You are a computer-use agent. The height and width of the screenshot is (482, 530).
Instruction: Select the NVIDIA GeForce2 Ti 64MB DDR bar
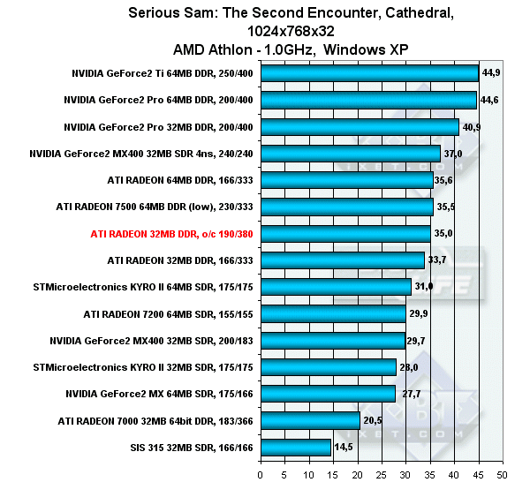point(368,74)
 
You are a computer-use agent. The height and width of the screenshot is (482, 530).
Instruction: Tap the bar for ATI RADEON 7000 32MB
point(309,421)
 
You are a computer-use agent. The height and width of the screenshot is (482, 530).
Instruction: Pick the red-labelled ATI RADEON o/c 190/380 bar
point(344,234)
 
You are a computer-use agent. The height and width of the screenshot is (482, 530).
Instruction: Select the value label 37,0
point(453,154)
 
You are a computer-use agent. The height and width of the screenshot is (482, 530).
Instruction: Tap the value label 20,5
point(374,421)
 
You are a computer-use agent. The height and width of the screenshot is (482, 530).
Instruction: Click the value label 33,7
point(438,260)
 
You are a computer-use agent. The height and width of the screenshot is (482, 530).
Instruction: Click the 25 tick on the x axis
point(382,473)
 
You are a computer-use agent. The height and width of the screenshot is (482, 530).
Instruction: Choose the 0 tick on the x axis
point(261,473)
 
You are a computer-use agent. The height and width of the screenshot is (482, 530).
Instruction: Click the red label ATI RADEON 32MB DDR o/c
point(171,234)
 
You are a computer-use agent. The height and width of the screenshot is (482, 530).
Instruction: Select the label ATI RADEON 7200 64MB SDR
point(168,314)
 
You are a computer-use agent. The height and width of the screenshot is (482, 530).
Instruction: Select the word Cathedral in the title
point(366,13)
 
